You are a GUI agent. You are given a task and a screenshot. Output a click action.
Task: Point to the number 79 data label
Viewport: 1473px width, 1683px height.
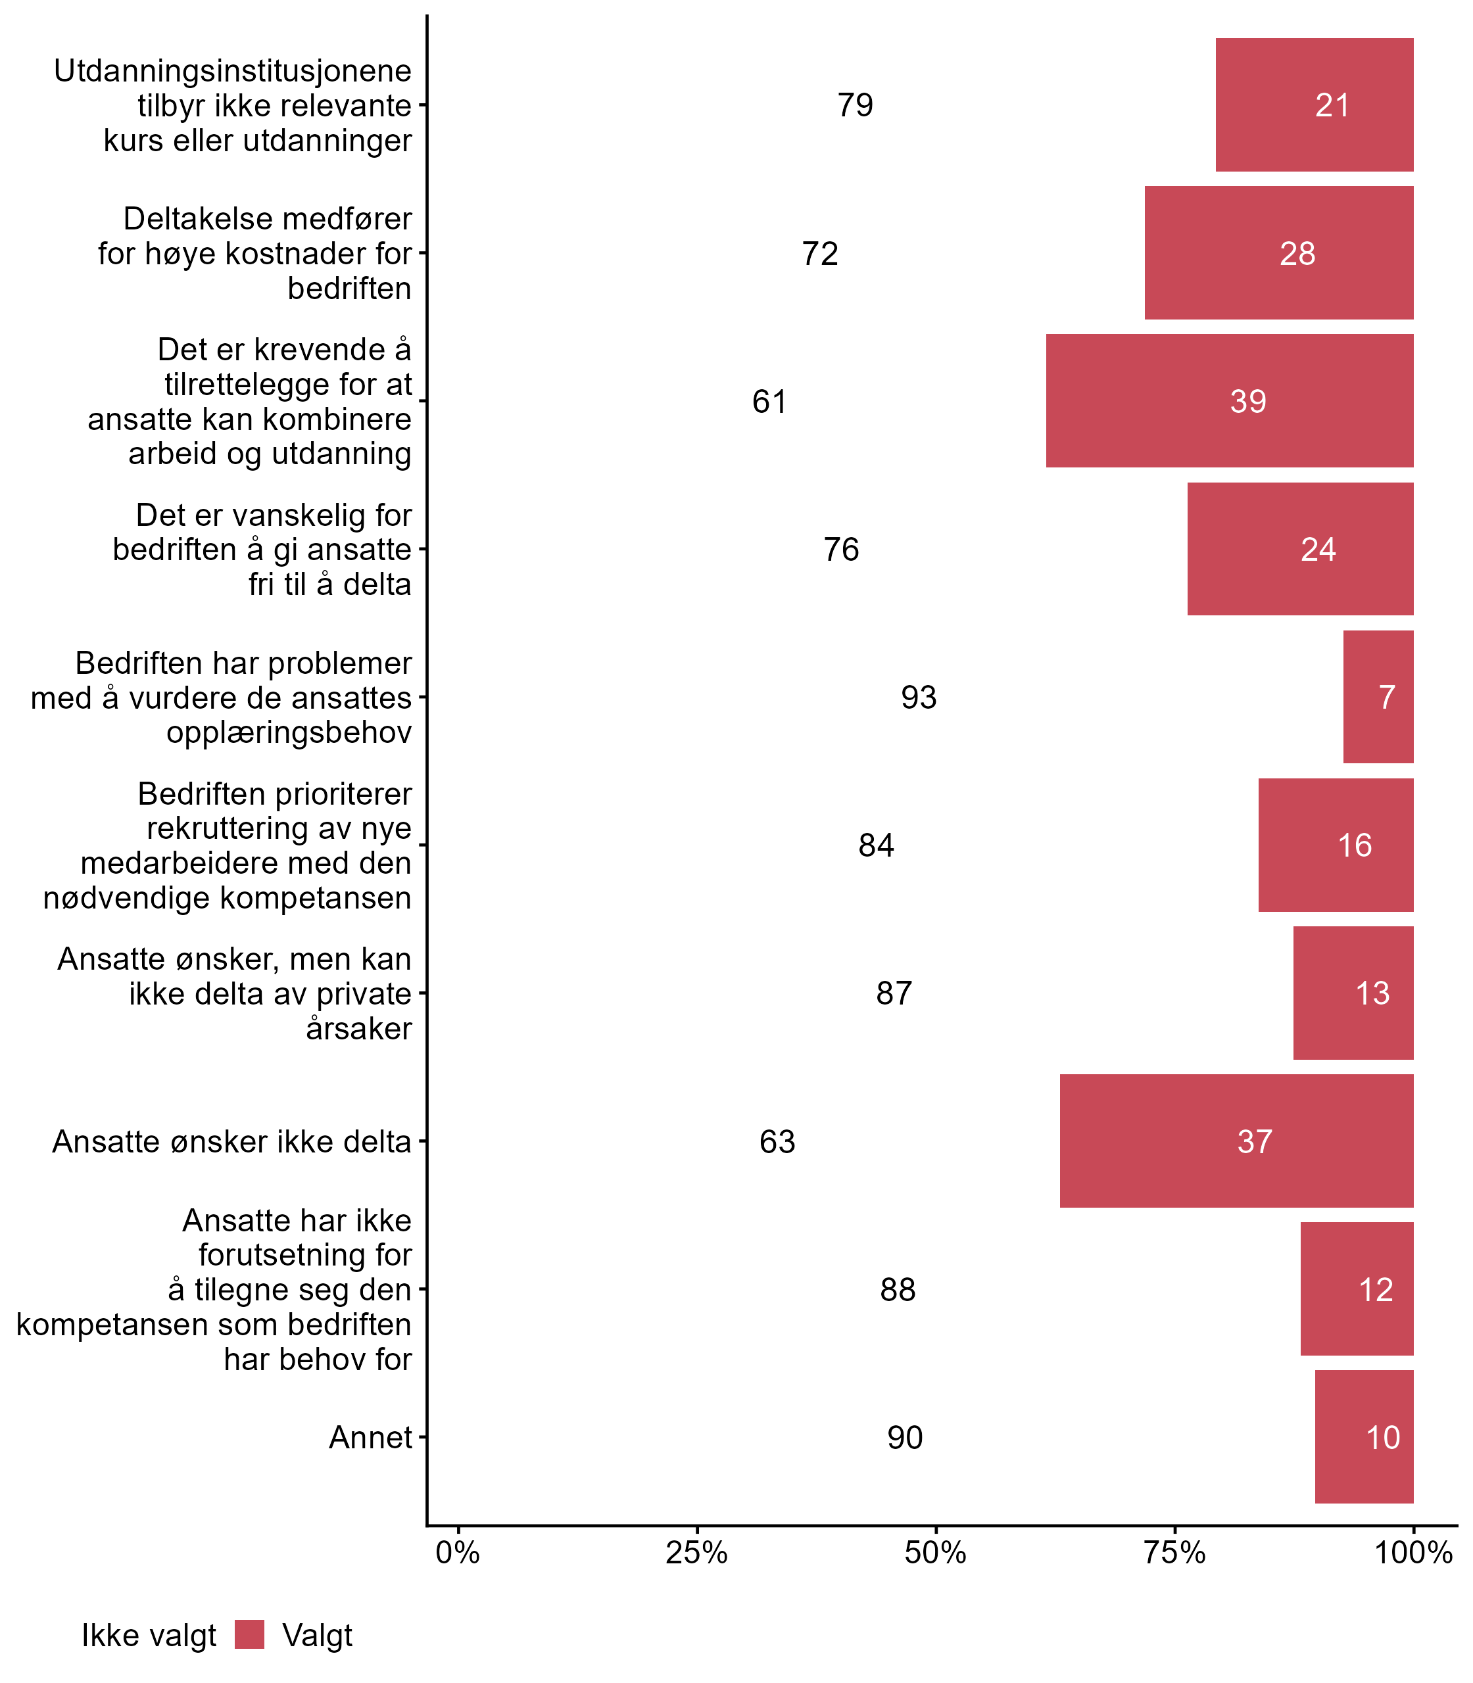(855, 105)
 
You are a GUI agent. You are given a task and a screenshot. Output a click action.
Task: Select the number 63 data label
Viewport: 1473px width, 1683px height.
(777, 1141)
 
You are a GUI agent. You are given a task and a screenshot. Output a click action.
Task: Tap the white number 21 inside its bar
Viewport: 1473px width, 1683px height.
(1332, 105)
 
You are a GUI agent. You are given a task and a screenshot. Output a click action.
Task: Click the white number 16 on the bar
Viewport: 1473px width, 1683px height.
(1355, 845)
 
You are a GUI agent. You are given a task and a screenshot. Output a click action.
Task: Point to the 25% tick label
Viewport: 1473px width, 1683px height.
(696, 1553)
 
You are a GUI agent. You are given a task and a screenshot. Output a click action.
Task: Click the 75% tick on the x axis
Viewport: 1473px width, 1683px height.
(1174, 1553)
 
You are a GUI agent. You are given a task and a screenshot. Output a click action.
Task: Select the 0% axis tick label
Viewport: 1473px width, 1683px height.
(458, 1553)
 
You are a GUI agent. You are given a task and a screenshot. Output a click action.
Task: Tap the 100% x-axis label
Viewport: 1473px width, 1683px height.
(1413, 1553)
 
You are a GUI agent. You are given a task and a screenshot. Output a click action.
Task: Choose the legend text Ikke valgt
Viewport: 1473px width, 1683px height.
(148, 1636)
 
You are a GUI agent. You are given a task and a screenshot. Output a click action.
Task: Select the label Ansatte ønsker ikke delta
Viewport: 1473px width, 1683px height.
(231, 1141)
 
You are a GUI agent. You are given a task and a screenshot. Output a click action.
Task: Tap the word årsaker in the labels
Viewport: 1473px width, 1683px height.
(358, 1028)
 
